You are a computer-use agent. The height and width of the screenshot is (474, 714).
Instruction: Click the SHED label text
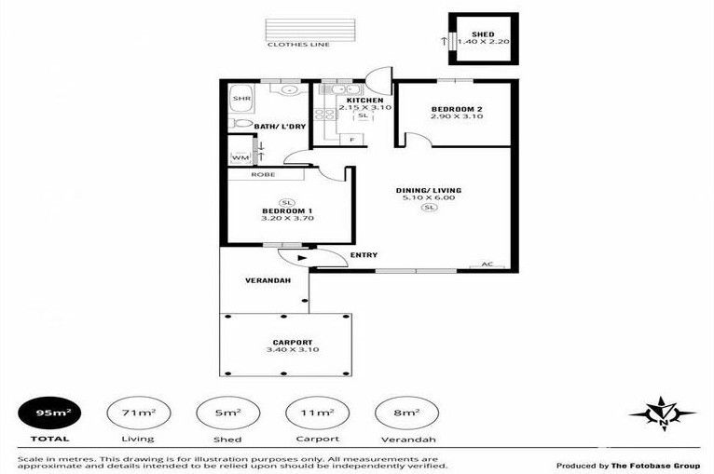(x=483, y=34)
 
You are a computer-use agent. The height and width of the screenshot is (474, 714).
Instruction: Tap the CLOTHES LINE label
(x=298, y=45)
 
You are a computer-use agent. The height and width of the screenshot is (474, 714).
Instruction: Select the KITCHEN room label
(x=364, y=100)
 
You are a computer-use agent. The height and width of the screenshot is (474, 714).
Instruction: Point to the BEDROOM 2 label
(x=457, y=109)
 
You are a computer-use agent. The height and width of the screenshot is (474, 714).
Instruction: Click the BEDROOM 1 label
(x=287, y=211)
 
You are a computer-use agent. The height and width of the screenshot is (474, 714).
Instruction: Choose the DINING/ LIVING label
(x=429, y=190)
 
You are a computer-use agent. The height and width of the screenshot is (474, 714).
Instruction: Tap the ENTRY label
(x=364, y=255)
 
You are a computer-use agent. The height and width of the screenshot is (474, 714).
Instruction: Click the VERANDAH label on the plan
(x=268, y=280)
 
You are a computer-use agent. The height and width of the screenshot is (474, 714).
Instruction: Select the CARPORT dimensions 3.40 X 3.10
(x=293, y=350)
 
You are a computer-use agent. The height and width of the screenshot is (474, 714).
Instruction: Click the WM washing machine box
(x=240, y=157)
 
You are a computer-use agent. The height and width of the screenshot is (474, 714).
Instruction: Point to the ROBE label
(x=263, y=175)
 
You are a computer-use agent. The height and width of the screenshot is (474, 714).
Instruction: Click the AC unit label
(x=487, y=264)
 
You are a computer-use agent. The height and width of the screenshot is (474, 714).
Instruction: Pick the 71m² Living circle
(x=139, y=413)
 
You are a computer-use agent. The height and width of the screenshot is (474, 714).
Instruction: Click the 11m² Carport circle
(x=317, y=413)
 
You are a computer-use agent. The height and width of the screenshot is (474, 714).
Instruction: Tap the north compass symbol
(x=663, y=413)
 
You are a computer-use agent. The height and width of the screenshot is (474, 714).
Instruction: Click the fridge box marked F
(x=351, y=140)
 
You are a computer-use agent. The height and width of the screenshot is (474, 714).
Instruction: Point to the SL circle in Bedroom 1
(x=286, y=203)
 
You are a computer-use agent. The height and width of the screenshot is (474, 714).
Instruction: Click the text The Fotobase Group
(x=655, y=466)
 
